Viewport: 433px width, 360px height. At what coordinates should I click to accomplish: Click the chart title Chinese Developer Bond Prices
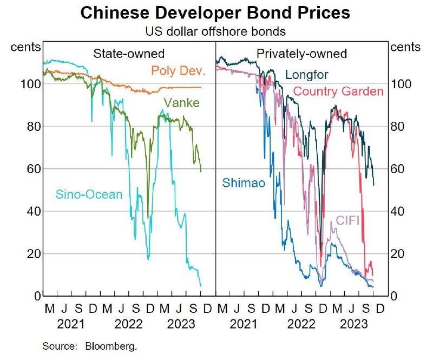point(215,13)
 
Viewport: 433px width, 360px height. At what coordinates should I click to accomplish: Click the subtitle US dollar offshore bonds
point(215,31)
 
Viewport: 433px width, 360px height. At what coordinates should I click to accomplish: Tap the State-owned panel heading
point(129,54)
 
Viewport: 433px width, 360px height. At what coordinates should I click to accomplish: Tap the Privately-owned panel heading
point(302,54)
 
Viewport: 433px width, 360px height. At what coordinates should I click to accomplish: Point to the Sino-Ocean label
point(89,194)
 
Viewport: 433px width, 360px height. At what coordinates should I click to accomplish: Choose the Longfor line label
point(307,74)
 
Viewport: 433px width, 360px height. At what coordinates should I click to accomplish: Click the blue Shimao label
point(244,183)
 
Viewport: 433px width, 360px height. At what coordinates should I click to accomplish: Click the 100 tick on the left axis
point(31,84)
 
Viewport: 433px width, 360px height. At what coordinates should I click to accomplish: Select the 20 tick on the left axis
point(34,254)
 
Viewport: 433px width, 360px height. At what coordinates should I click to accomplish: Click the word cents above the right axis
point(405,47)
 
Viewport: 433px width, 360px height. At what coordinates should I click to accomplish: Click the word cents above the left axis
point(25,47)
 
